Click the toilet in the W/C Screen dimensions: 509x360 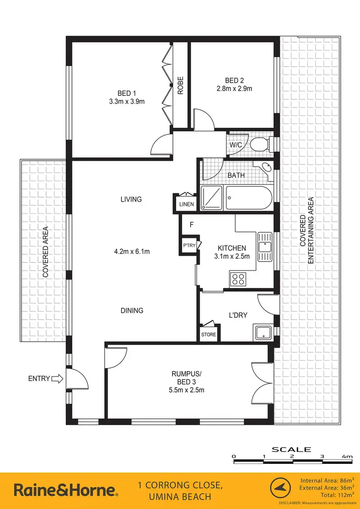click(x=262, y=143)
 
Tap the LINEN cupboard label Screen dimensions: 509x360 click(x=186, y=204)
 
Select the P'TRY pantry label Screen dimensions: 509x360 click(x=188, y=247)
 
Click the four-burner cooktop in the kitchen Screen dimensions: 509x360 click(x=237, y=278)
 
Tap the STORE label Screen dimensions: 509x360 click(x=208, y=334)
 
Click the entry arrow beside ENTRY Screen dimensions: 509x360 click(x=57, y=379)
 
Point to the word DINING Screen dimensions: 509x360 click(x=132, y=310)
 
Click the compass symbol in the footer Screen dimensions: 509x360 click(x=281, y=489)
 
